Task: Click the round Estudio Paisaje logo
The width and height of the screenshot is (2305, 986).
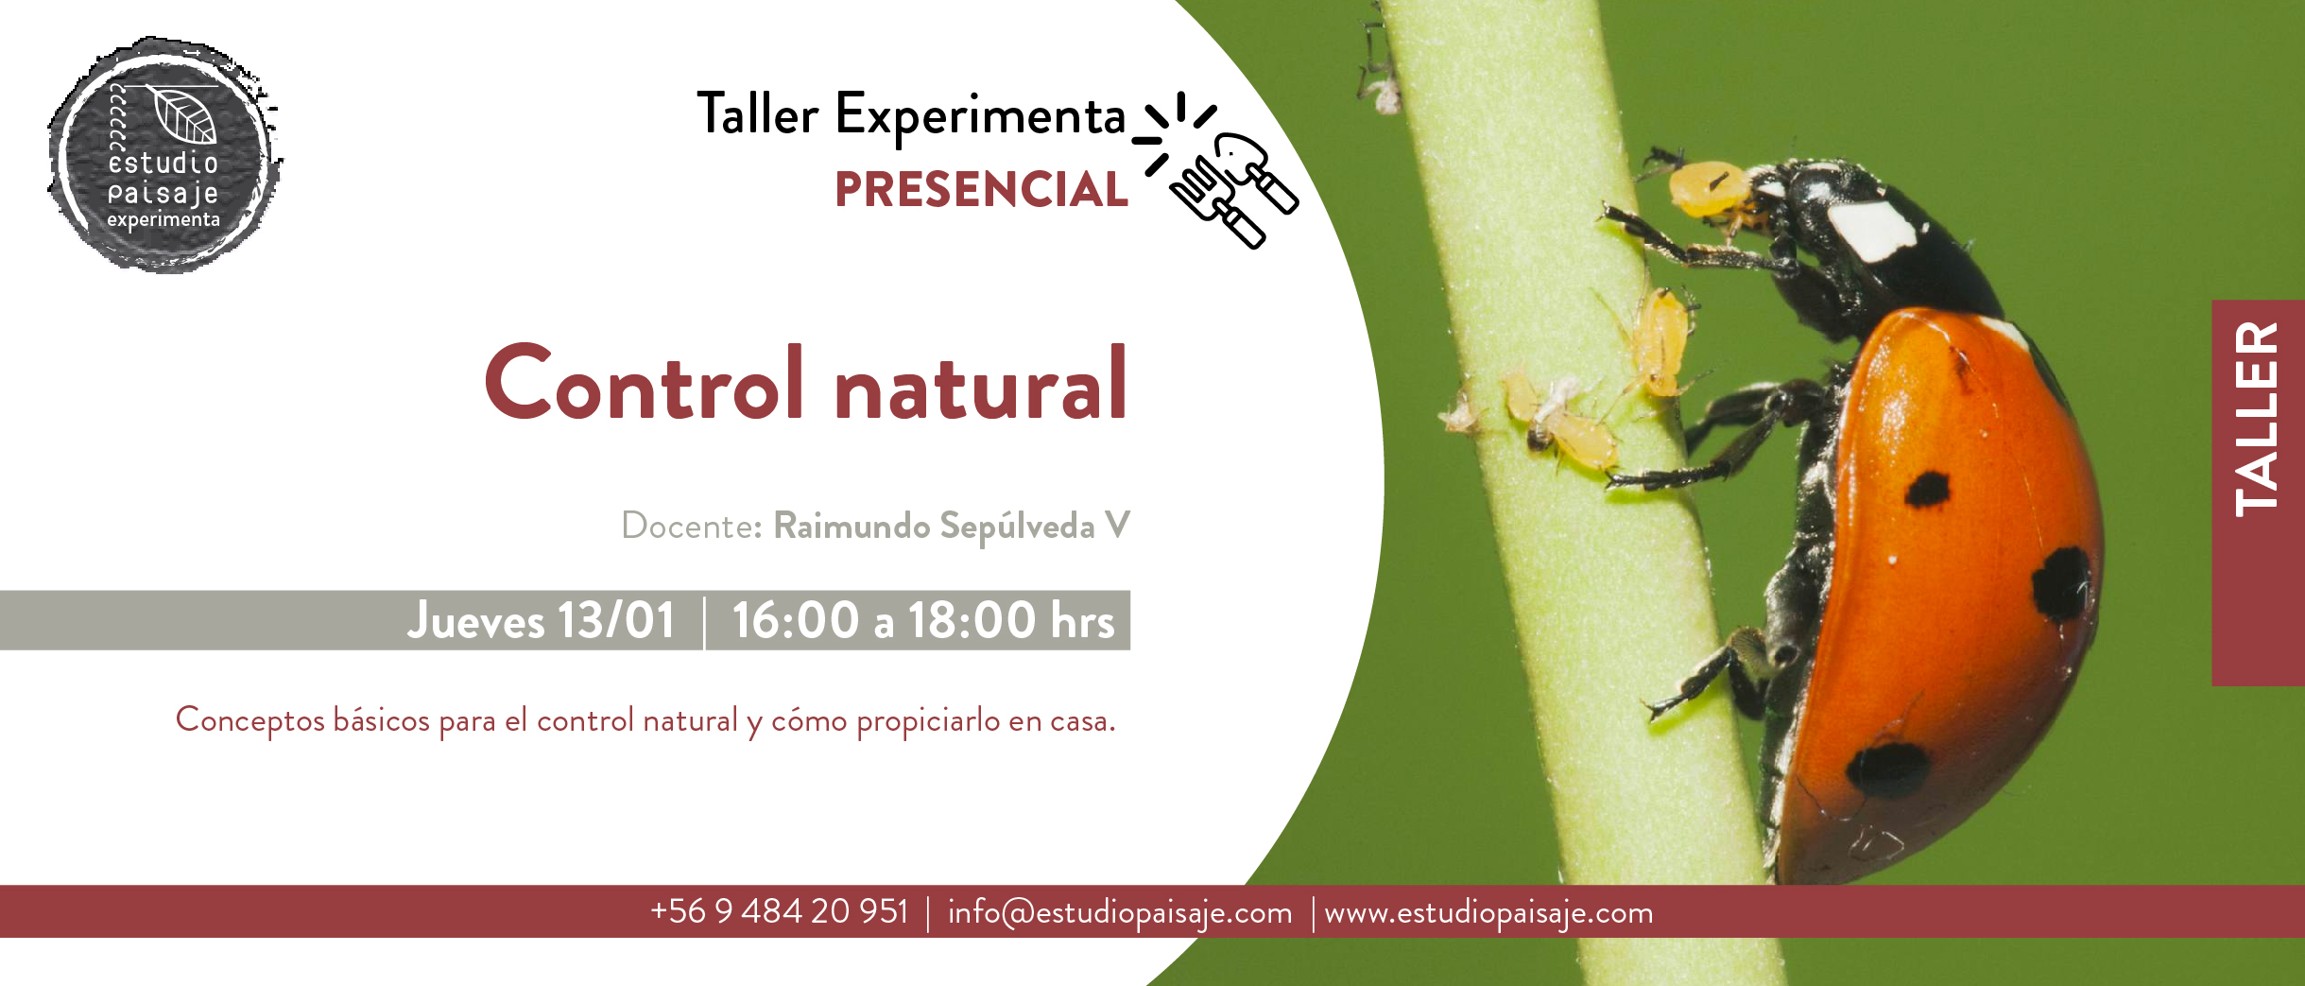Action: tap(164, 155)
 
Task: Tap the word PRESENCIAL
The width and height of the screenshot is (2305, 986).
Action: tap(981, 190)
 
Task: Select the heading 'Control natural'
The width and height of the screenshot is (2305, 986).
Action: tap(805, 383)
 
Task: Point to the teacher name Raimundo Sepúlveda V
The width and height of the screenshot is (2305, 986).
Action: tap(951, 526)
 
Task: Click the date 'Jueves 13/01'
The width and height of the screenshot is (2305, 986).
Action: tap(542, 621)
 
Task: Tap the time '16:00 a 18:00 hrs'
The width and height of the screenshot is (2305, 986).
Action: tap(923, 621)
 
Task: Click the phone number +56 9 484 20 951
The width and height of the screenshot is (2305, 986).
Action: tap(779, 911)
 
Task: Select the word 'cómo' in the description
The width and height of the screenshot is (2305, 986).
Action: tap(809, 721)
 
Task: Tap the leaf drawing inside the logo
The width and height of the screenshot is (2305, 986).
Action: tap(184, 114)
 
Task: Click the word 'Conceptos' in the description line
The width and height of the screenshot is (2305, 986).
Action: tap(250, 721)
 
